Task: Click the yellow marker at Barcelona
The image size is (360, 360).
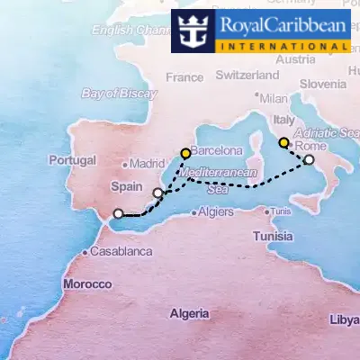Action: [x=185, y=153]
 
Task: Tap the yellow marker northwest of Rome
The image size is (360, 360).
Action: [x=283, y=142]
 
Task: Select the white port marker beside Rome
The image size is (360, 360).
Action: [x=309, y=159]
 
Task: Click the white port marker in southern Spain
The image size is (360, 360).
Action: [x=117, y=214]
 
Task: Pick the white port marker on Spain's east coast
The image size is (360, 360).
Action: [x=158, y=193]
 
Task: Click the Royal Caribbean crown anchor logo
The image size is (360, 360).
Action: [x=192, y=31]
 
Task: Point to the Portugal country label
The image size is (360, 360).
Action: [x=75, y=161]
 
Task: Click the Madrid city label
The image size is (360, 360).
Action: [x=147, y=164]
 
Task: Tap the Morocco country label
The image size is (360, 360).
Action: [x=87, y=283]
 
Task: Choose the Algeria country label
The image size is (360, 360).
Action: [x=191, y=314]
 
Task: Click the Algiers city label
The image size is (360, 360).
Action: [x=215, y=212]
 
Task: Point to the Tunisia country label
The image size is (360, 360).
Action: [x=272, y=236]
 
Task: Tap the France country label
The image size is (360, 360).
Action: [x=184, y=77]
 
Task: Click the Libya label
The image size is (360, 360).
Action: [x=344, y=319]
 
